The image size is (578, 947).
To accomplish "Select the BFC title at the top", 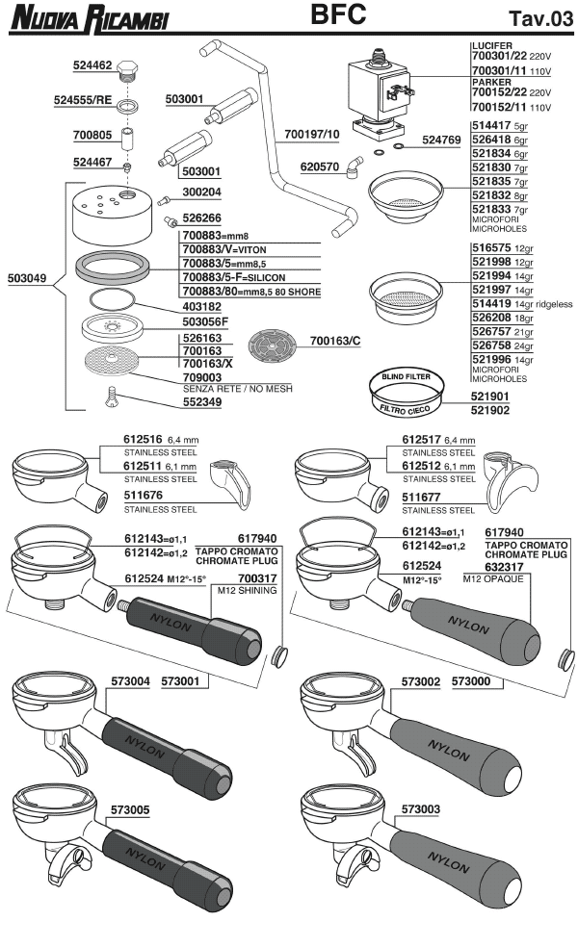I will tap(338, 14).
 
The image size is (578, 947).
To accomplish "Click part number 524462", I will tap(94, 65).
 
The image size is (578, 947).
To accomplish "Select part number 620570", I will tap(320, 166).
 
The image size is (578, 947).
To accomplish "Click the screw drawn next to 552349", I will tap(111, 395).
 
